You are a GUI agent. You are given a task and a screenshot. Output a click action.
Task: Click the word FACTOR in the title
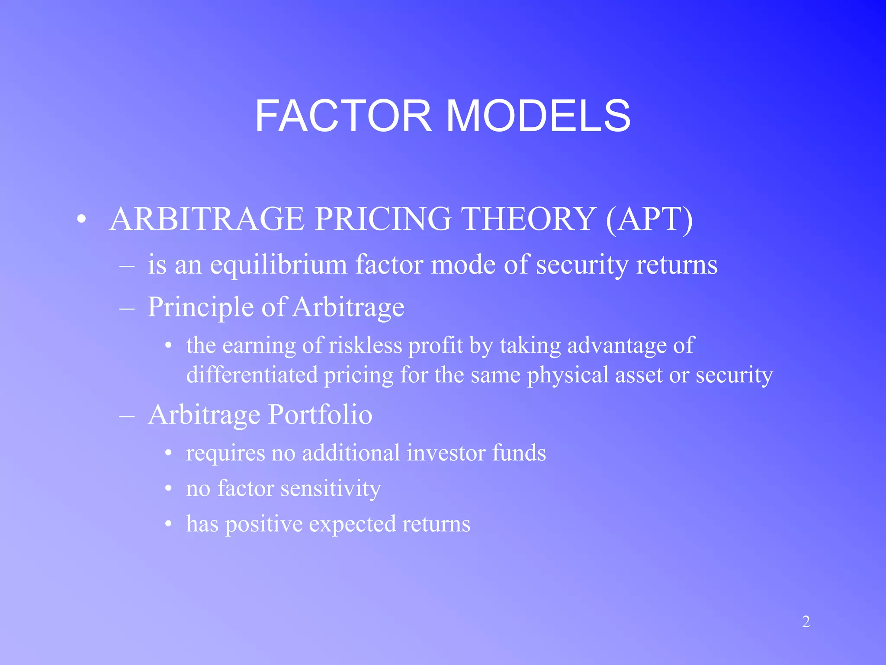click(x=343, y=116)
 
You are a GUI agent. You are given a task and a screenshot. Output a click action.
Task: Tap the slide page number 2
click(x=806, y=622)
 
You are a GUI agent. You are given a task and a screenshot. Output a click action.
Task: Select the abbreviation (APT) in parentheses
click(x=649, y=219)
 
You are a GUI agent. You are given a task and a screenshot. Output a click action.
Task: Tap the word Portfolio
click(x=320, y=415)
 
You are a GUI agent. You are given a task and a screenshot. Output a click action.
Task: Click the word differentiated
click(x=252, y=374)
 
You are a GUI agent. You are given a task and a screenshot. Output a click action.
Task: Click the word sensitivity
click(x=331, y=488)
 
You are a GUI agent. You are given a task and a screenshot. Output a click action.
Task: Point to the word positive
click(x=264, y=524)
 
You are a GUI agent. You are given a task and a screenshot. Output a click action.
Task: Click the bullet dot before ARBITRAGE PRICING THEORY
click(x=81, y=220)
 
